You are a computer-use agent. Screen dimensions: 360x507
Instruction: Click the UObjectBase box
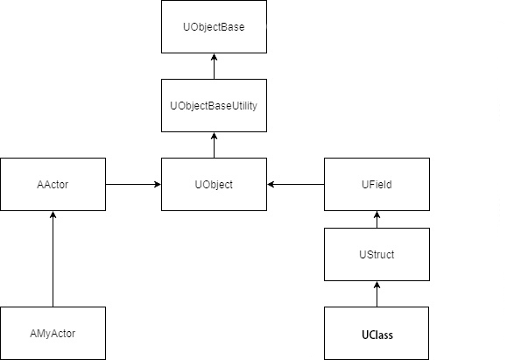(214, 27)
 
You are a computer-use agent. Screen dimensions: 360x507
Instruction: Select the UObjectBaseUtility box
(214, 106)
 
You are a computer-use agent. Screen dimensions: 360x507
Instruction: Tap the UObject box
(214, 185)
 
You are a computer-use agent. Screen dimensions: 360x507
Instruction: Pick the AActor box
(53, 185)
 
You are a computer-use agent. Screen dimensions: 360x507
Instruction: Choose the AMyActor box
(53, 334)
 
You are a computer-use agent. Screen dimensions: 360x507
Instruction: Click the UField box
(377, 185)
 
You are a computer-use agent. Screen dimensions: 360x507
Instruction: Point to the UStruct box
(377, 255)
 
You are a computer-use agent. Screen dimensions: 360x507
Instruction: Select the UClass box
(377, 334)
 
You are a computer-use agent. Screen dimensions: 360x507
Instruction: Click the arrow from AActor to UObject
(133, 185)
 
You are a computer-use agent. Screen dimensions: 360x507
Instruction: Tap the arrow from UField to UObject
(296, 185)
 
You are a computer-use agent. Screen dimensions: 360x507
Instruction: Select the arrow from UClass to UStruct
(377, 294)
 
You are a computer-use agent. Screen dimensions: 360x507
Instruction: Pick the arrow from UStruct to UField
(377, 220)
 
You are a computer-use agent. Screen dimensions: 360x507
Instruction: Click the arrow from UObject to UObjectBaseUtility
(214, 145)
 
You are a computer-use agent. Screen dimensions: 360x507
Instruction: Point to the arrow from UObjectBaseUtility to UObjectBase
(214, 67)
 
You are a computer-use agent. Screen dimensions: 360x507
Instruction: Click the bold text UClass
(377, 335)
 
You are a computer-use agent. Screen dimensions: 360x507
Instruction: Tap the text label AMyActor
(53, 335)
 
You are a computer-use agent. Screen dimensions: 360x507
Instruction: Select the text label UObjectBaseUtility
(214, 106)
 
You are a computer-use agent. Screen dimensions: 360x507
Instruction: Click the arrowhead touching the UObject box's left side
(157, 185)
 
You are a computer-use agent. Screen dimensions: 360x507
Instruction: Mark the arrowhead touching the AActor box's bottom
(53, 215)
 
